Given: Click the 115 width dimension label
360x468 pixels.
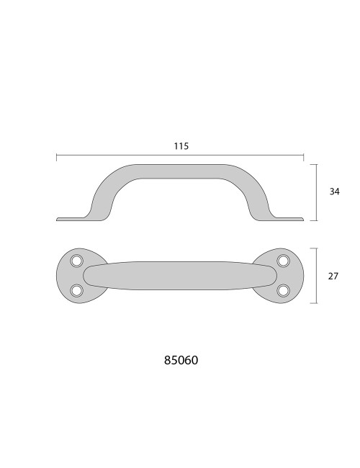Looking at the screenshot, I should coord(181,146).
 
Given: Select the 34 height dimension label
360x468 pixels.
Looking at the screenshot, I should coord(334,192).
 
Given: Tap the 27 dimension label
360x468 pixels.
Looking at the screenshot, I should coord(334,276).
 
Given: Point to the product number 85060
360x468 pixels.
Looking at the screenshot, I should coord(181,360).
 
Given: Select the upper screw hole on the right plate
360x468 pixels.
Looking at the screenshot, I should coord(283,261).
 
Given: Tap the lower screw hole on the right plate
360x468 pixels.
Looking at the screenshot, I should coord(283,290).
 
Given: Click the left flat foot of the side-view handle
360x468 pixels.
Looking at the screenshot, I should coord(72,217).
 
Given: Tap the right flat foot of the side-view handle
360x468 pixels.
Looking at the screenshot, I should coord(288,217).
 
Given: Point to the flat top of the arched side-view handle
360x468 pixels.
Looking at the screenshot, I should coord(180,170).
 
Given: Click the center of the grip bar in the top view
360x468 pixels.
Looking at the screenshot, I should coord(180,276).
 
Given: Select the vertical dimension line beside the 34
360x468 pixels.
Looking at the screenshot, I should coord(316,192).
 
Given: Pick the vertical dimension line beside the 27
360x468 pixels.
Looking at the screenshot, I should coord(316,276).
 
